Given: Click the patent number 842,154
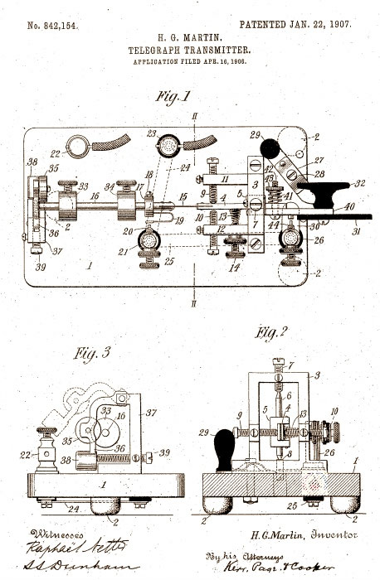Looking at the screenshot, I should coord(53,26).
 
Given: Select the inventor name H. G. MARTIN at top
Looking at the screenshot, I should coord(191,38).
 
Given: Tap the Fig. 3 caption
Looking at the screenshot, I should coord(86,354).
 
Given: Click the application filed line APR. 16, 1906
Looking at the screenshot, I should coord(191,62).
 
